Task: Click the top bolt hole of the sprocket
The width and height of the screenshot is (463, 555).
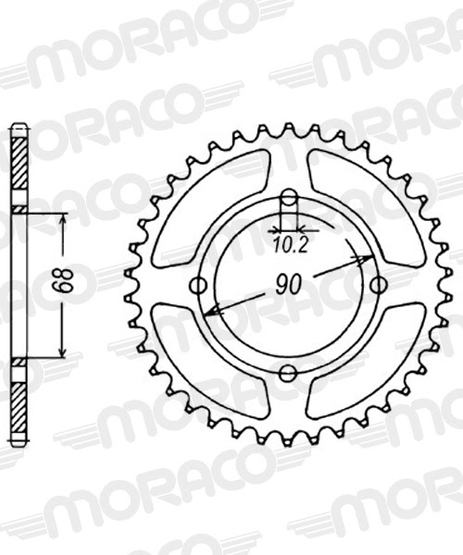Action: point(288,198)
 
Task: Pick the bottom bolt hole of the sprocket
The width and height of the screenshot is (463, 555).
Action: point(288,373)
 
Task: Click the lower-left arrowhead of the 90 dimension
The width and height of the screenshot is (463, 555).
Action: point(210,314)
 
